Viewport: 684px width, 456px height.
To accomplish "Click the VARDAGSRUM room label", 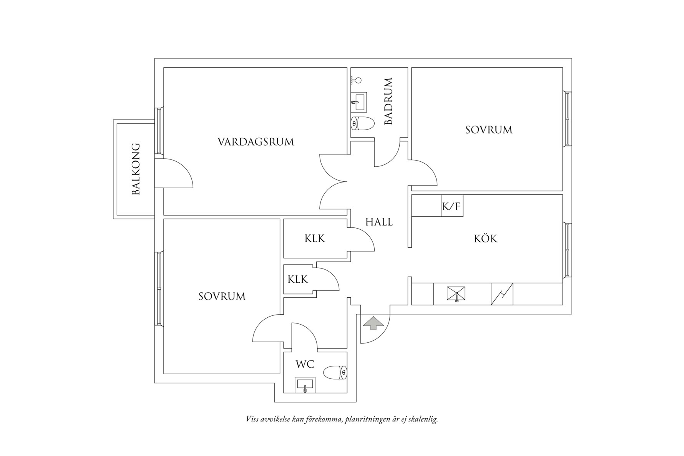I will tap(256, 142).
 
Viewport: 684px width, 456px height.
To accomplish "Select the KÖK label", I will tap(485, 239).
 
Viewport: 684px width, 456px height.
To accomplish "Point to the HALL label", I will tap(379, 222).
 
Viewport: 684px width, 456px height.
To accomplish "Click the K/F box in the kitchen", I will tap(452, 207).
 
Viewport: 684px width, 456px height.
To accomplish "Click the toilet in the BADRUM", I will tap(363, 123).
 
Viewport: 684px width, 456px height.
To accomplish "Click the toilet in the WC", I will tap(335, 372).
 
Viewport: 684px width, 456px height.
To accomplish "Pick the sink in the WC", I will tap(305, 385).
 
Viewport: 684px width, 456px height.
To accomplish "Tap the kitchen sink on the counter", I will tap(456, 294).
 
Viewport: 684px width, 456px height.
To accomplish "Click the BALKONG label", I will tap(136, 169).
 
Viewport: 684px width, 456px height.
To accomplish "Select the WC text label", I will tap(305, 364).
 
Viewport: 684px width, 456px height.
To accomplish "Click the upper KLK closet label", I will tap(315, 239).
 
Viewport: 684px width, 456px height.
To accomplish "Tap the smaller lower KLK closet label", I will tap(298, 279).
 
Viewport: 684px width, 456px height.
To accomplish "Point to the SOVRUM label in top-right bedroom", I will tap(489, 130).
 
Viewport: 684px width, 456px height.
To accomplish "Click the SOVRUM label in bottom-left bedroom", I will tap(222, 297).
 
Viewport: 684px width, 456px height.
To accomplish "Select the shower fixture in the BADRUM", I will tap(357, 80).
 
